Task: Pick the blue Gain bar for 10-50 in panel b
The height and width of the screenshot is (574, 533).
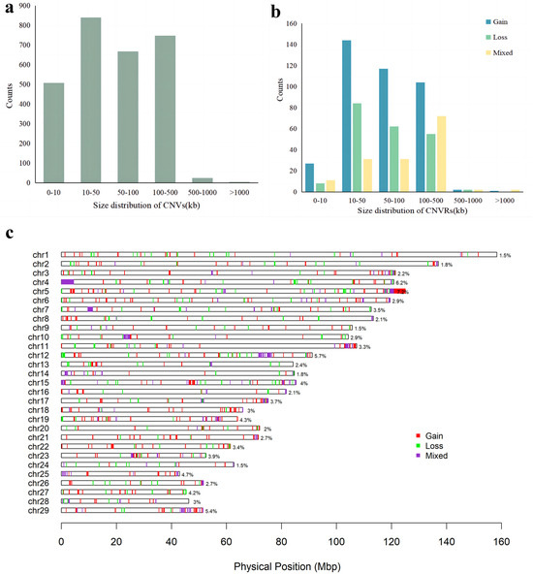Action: [346, 112]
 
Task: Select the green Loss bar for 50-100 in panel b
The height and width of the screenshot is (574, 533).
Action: [394, 154]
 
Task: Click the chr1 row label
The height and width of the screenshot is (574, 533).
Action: [40, 254]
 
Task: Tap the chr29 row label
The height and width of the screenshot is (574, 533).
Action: [39, 509]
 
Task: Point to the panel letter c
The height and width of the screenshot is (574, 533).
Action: [9, 233]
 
